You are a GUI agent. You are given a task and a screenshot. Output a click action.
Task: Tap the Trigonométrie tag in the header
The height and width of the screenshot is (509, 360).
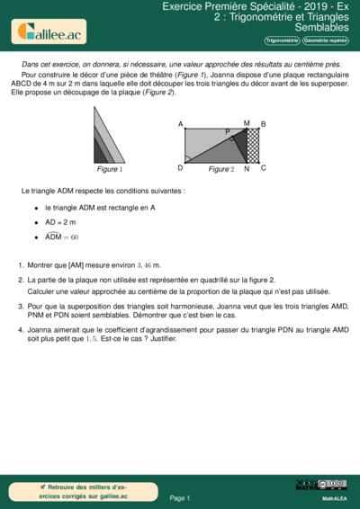[x=282, y=41]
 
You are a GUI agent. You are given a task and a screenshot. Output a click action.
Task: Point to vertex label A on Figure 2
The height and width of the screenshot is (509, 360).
[x=181, y=124]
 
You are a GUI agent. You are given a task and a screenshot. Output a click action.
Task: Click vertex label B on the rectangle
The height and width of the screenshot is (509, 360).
[x=262, y=124]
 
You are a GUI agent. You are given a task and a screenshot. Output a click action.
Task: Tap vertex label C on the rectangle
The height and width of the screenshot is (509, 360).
[x=262, y=167]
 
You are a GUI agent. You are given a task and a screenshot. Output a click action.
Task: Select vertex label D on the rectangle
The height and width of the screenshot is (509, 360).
[x=181, y=167]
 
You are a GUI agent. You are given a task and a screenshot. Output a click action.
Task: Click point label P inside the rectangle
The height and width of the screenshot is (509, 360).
[x=228, y=132]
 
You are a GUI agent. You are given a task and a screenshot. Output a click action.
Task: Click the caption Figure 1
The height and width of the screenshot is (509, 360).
[x=110, y=169]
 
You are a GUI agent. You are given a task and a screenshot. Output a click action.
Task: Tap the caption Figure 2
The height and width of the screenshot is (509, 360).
[x=220, y=169]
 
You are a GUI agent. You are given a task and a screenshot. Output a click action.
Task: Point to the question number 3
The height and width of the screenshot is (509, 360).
[x=20, y=307]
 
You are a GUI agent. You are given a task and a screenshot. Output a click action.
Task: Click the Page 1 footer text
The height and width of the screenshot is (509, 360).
[x=180, y=497]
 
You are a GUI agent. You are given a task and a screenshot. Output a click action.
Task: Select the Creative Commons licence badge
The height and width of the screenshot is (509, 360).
[x=333, y=485]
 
